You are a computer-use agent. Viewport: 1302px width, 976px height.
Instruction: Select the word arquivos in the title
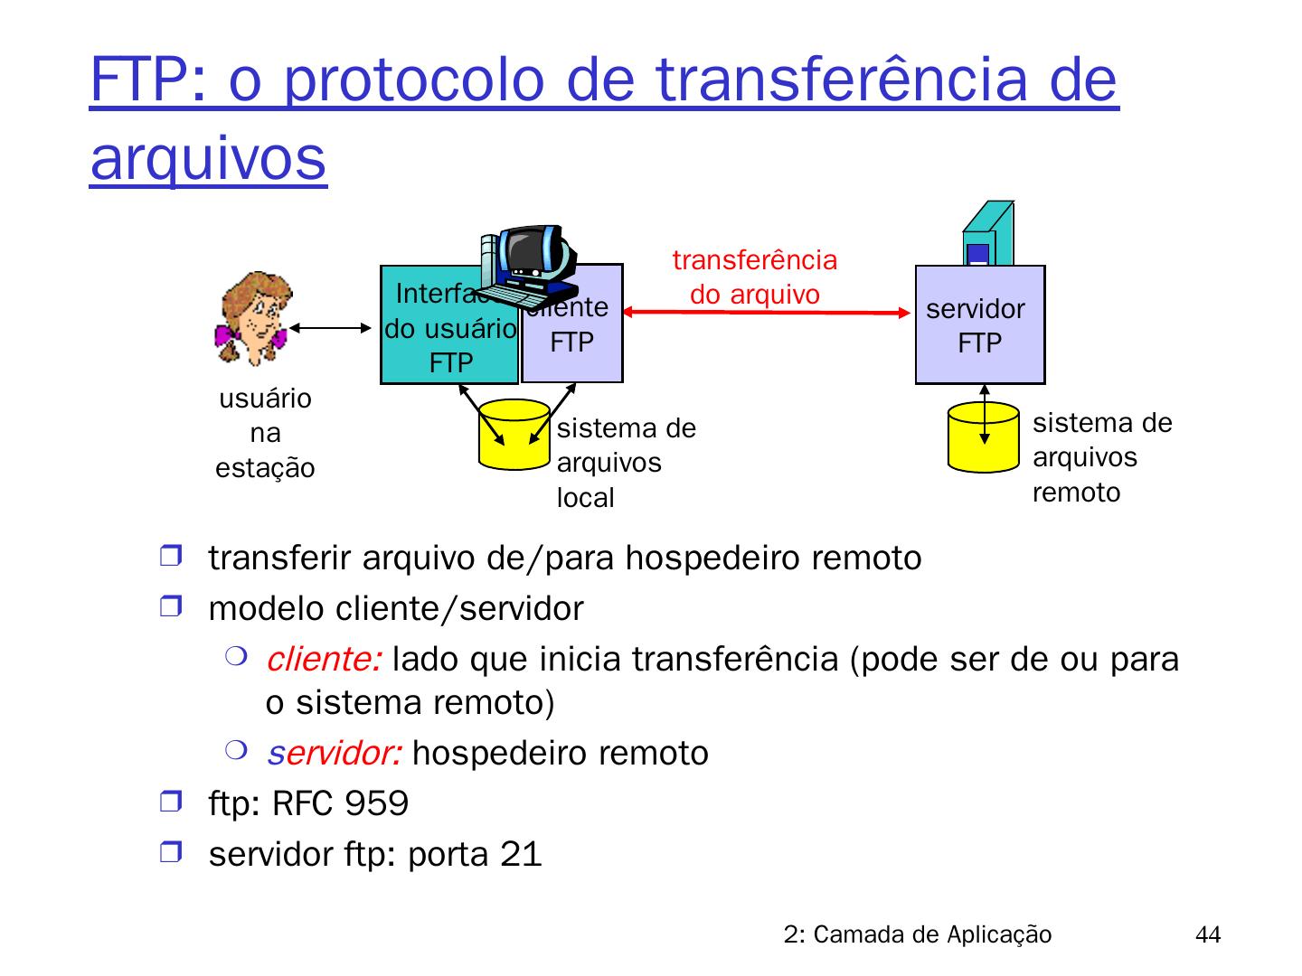pos(208,158)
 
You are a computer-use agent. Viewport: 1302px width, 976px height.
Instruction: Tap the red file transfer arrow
pos(769,313)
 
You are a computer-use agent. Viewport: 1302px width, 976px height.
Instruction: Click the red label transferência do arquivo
pos(755,277)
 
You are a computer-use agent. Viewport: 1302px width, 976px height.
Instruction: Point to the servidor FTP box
pos(980,325)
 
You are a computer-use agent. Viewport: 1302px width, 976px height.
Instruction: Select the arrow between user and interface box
pos(326,327)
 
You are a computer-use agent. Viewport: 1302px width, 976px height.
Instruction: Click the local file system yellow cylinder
pos(514,435)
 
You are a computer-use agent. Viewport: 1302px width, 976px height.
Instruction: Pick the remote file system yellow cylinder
pos(984,437)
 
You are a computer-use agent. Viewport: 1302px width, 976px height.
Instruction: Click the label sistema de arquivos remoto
pos(1101,457)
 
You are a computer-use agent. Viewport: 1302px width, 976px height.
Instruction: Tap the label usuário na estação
pos(265,434)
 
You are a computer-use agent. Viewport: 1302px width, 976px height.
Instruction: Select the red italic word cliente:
pos(323,661)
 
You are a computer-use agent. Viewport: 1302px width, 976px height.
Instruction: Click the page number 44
pos(1207,935)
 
